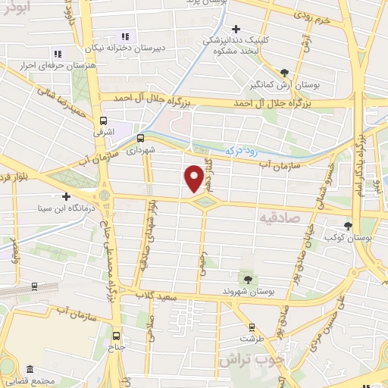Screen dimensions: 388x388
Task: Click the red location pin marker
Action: (194, 178)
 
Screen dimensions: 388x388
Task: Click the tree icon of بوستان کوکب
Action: (348, 225)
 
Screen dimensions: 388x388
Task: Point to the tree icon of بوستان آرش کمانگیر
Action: (283, 73)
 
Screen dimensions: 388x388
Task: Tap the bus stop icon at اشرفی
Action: (103, 120)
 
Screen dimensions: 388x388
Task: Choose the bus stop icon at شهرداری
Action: (140, 138)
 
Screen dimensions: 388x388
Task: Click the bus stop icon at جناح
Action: (116, 336)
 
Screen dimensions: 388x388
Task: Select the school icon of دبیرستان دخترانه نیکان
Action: (126, 36)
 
